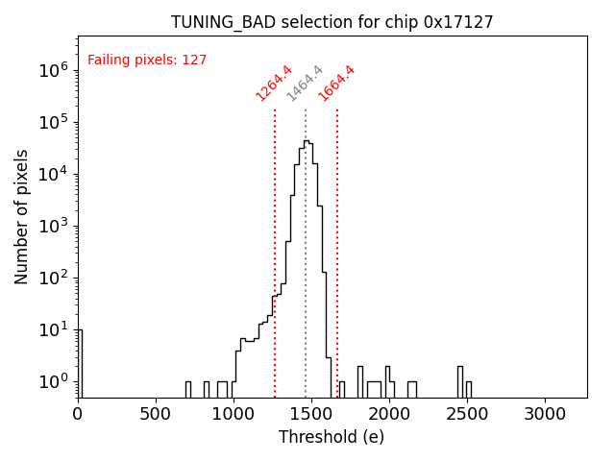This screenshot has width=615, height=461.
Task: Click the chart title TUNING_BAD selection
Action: tap(332, 22)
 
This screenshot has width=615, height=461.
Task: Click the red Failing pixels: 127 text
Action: tap(147, 61)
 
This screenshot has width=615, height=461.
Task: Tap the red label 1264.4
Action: tap(273, 83)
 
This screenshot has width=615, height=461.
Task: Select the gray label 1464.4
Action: tap(305, 85)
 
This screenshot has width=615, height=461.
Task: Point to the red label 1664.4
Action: tap(336, 83)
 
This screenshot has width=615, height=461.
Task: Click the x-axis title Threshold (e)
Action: tap(332, 437)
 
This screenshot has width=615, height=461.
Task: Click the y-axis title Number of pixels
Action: tap(22, 216)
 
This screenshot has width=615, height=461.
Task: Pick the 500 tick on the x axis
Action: tap(156, 414)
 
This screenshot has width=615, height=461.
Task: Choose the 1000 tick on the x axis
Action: tap(234, 414)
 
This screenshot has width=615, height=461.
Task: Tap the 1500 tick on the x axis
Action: tap(311, 414)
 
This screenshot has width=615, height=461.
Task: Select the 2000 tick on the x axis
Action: tap(389, 414)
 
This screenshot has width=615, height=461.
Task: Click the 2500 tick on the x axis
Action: tap(467, 414)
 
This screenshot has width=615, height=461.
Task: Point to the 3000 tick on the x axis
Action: tap(545, 414)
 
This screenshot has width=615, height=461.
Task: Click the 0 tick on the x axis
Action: tap(78, 414)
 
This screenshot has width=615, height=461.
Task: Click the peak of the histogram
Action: tap(306, 141)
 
